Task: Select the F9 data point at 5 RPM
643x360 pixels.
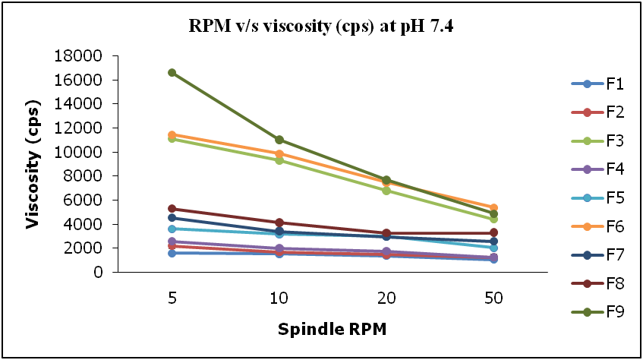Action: [x=172, y=73]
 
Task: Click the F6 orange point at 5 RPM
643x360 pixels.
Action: [x=172, y=134]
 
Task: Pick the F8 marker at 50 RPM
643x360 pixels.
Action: [x=493, y=232]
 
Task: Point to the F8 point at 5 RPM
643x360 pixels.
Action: [x=172, y=208]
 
